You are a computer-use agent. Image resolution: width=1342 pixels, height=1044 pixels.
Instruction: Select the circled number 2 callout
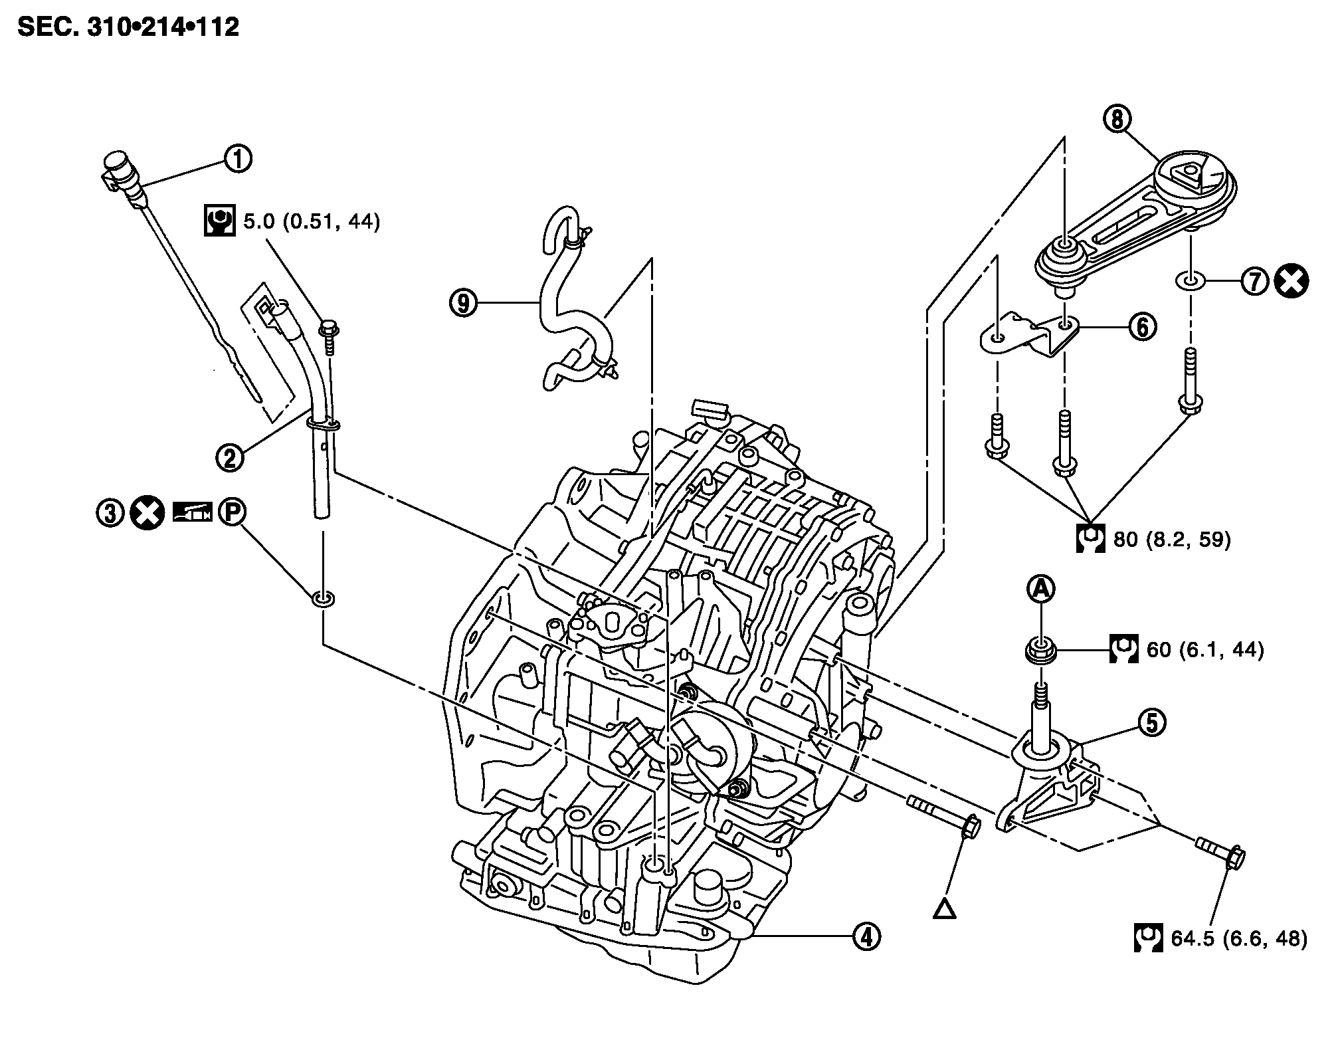(x=230, y=458)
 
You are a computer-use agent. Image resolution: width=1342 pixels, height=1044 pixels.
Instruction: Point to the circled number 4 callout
(x=866, y=936)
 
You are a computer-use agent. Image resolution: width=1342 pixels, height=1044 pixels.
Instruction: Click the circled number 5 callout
(x=1151, y=722)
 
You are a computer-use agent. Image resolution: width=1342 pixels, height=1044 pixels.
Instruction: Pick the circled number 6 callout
(x=1143, y=327)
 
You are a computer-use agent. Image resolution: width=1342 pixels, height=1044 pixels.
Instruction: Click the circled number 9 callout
(x=463, y=303)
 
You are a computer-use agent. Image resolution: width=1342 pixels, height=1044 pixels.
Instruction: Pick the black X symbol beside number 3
(x=147, y=513)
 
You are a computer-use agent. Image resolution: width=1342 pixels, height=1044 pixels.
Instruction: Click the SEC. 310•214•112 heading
(x=128, y=27)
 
